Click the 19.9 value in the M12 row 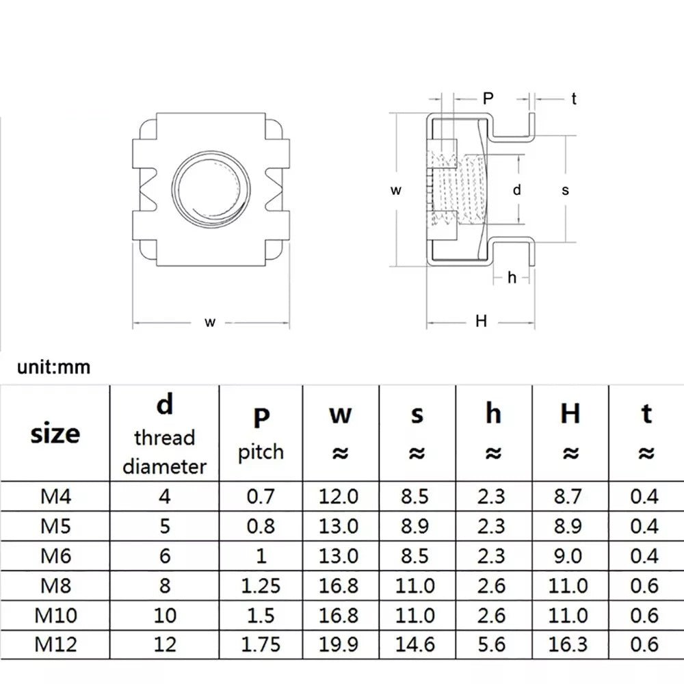coord(339,644)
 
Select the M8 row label coord(55,585)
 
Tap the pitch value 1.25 coord(260,585)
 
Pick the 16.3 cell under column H coord(570,644)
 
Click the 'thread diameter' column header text coord(164,451)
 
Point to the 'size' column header coord(55,434)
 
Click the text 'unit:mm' coord(54,367)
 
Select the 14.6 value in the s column coord(417,644)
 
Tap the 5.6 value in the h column coord(494,644)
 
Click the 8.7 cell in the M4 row coord(570,495)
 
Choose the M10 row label coord(55,614)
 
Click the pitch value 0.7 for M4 coord(260,495)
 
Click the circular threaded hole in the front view coord(209,189)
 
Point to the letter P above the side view coord(488,98)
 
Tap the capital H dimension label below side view coord(482,321)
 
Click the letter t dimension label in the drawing coord(574,99)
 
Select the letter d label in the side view coord(517,191)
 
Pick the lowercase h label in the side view coord(512,277)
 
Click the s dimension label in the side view coord(566,191)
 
